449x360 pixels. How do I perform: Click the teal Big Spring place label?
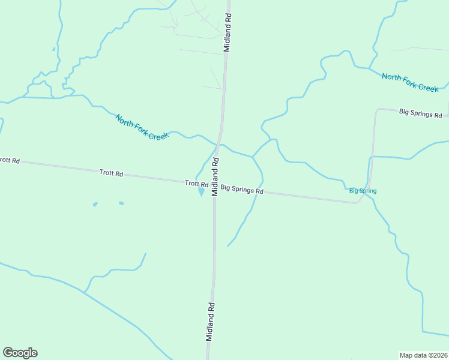[x=363, y=191]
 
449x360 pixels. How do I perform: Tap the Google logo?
[x=20, y=353]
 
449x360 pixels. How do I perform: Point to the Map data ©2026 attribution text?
[x=423, y=355]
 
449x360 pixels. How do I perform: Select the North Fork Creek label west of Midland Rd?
[x=142, y=127]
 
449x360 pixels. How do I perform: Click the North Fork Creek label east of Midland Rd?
[x=410, y=82]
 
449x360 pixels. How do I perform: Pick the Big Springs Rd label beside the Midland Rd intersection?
[x=242, y=190]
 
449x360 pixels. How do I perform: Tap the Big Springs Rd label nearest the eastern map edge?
[x=420, y=113]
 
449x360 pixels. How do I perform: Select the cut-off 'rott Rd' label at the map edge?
[x=10, y=161]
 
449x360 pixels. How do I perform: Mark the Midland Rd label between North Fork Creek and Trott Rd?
[x=215, y=171]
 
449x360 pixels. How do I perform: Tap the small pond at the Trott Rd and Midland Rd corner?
[x=201, y=192]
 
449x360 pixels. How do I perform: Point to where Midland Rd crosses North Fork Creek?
[x=220, y=145]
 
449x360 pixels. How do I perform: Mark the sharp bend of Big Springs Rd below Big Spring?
[x=359, y=202]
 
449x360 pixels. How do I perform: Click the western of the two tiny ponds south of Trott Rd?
[x=95, y=205]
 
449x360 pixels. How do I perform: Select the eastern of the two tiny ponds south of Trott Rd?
[x=121, y=203]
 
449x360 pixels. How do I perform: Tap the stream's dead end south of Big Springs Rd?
[x=228, y=246]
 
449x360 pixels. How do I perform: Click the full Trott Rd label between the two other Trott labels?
[x=111, y=173]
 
